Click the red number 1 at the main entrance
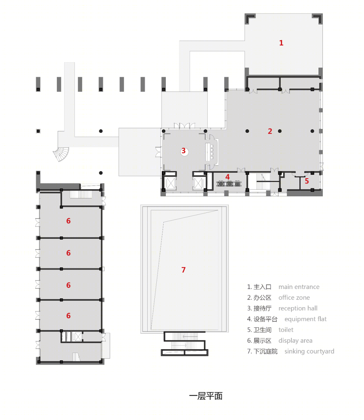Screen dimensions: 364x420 [281, 43]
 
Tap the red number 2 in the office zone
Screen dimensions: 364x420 [270, 131]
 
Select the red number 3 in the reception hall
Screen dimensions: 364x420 [183, 151]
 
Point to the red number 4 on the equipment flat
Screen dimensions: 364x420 [227, 177]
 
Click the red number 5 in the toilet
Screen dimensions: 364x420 [307, 181]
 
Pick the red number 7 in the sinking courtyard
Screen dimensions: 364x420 [183, 270]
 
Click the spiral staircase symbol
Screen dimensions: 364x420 [61, 154]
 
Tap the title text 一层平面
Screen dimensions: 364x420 [206, 396]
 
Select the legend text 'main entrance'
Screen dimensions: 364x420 [299, 287]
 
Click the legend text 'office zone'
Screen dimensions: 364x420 [294, 298]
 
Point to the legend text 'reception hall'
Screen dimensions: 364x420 [298, 309]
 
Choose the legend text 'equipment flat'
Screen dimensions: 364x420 [305, 319]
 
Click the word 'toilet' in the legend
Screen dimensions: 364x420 [286, 330]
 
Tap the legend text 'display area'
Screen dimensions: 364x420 [296, 341]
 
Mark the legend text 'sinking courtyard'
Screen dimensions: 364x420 [309, 352]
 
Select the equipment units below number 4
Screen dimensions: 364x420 [229, 184]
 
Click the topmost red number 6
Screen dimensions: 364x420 [68, 221]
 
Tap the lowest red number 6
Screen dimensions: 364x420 [68, 316]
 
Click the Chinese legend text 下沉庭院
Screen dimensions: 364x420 [265, 352]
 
